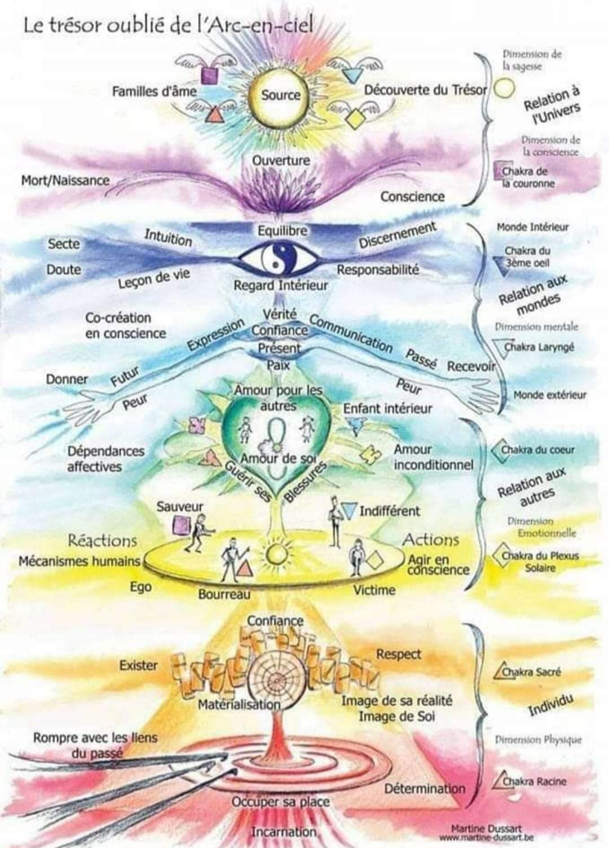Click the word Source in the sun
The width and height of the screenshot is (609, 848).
click(x=280, y=95)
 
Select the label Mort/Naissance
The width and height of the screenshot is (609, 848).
click(x=65, y=180)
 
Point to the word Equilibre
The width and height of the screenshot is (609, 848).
click(x=283, y=231)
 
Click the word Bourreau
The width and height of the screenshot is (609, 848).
click(x=224, y=594)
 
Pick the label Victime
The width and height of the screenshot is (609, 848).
click(x=374, y=590)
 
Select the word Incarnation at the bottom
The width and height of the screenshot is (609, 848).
click(x=283, y=832)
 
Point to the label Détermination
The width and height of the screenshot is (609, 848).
click(x=425, y=788)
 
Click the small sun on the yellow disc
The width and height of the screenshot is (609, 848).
click(x=277, y=552)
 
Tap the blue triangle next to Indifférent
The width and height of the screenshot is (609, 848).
click(x=351, y=509)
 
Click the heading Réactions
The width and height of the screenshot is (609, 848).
click(x=102, y=541)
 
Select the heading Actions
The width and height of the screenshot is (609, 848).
click(x=430, y=540)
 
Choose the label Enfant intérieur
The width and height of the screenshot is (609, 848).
click(x=387, y=408)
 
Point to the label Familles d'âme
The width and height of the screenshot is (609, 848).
click(x=154, y=91)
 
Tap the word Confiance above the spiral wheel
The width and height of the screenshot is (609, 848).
click(x=275, y=621)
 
